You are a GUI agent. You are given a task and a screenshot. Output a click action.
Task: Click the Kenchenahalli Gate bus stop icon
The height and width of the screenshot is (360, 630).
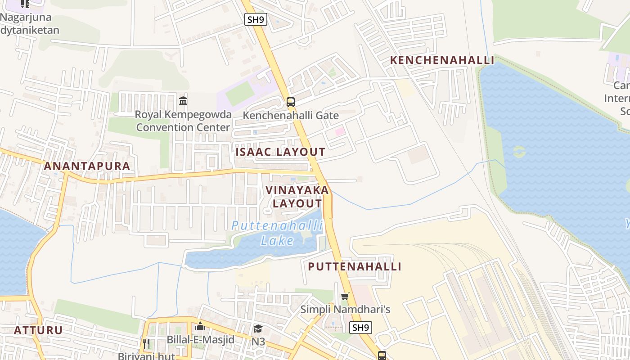click(291, 102)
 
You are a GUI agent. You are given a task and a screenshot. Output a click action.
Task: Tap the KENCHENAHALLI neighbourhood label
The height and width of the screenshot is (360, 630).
click(442, 60)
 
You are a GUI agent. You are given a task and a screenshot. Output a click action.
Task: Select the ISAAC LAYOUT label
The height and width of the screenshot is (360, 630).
click(280, 152)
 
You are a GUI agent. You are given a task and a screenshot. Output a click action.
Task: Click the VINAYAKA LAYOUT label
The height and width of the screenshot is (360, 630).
click(297, 197)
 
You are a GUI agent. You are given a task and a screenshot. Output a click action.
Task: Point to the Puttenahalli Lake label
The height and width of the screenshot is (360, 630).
click(277, 233)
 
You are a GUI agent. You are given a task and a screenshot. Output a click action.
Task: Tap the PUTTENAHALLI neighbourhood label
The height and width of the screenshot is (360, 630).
click(355, 266)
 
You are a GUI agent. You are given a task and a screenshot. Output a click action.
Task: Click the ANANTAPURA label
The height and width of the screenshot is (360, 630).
click(87, 166)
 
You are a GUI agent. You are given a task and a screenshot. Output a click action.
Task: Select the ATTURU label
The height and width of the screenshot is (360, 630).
click(38, 330)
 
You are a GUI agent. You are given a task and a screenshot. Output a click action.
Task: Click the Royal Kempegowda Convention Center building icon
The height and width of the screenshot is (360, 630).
click(183, 101)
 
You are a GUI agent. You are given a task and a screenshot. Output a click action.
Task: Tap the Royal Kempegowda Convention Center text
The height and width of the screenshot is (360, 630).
click(184, 121)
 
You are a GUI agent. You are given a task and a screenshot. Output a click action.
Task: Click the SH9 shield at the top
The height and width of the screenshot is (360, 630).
click(256, 19)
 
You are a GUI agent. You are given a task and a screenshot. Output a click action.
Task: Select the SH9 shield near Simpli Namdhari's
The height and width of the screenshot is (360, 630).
click(361, 328)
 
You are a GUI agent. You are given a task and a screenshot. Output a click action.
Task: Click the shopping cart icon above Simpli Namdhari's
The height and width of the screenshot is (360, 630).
click(345, 296)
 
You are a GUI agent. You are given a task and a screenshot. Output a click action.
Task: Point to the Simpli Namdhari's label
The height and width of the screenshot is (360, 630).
click(345, 310)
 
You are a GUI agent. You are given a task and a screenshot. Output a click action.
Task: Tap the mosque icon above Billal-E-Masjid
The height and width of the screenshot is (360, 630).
click(200, 326)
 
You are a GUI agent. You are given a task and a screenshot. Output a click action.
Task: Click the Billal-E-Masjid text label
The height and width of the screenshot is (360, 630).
click(201, 340)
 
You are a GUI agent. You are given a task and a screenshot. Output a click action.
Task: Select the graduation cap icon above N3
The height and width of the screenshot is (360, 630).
click(258, 329)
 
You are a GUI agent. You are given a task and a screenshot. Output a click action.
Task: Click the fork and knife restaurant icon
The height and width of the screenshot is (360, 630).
click(146, 344)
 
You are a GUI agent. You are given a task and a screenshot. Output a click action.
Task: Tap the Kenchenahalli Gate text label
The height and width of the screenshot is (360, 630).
click(291, 116)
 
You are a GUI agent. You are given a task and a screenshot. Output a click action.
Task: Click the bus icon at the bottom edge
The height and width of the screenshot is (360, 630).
click(382, 355)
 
